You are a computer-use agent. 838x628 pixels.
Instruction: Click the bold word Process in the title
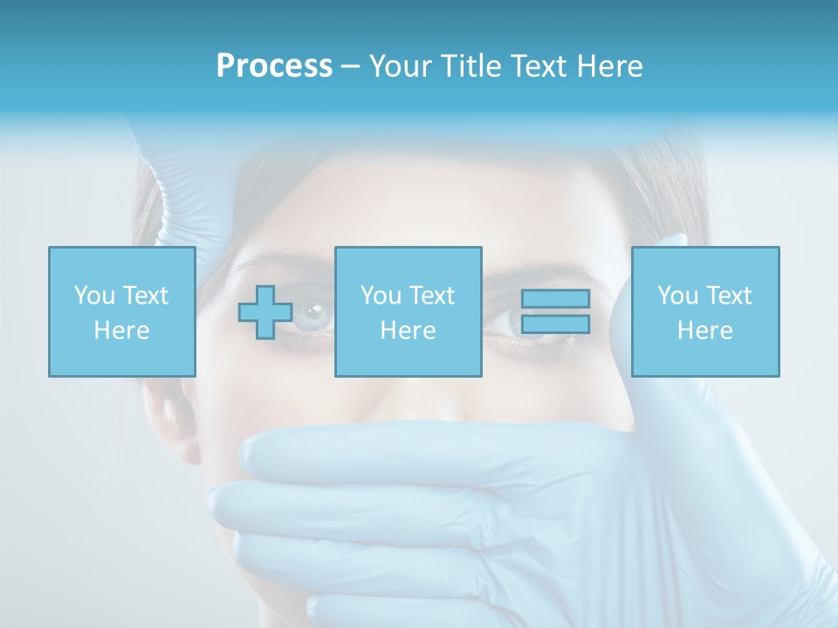pyautogui.click(x=274, y=65)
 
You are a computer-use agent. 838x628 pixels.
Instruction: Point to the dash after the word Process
pyautogui.click(x=350, y=67)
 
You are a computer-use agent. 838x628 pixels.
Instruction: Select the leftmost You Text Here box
pyautogui.click(x=121, y=311)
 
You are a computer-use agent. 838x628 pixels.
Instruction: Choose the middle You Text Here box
pyautogui.click(x=408, y=311)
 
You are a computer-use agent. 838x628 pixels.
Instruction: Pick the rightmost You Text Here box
pyautogui.click(x=704, y=311)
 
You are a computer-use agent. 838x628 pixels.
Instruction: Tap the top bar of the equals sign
pyautogui.click(x=555, y=299)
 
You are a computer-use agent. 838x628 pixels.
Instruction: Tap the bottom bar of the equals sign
pyautogui.click(x=555, y=324)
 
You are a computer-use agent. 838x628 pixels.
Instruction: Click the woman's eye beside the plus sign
pyautogui.click(x=312, y=316)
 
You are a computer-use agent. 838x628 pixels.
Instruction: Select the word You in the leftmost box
pyautogui.click(x=93, y=295)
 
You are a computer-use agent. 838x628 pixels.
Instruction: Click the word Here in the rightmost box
pyautogui.click(x=704, y=330)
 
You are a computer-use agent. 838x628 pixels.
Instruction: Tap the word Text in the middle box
pyautogui.click(x=432, y=295)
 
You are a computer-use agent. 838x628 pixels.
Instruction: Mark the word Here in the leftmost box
pyautogui.click(x=121, y=330)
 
